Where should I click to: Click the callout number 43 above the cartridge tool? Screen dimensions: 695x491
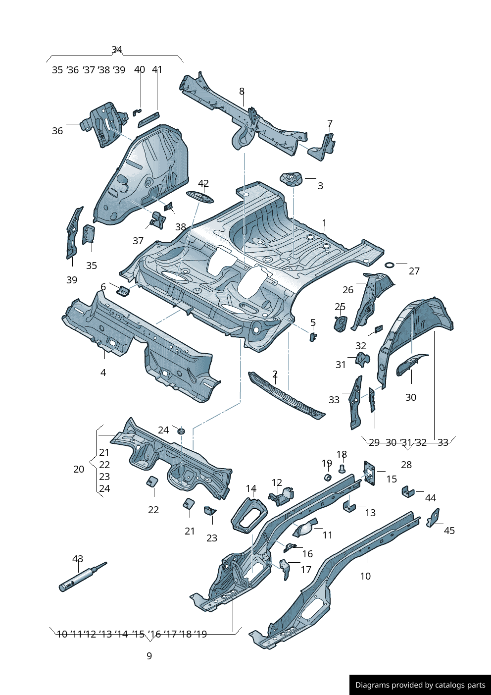(78, 559)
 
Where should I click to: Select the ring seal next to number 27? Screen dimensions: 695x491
(390, 265)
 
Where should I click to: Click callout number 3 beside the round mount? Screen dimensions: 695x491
(320, 186)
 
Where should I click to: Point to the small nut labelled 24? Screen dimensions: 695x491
(181, 430)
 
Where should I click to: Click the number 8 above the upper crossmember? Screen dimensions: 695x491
(242, 91)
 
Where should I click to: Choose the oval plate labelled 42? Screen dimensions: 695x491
(200, 197)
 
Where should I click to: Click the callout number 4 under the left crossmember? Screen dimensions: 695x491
(103, 373)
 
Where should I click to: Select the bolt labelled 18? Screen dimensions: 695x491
(342, 468)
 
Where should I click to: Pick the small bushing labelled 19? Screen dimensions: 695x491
(327, 477)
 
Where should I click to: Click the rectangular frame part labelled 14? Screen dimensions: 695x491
(248, 515)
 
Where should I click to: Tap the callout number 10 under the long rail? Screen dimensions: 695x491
(365, 576)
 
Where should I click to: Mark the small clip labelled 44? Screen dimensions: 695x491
(408, 492)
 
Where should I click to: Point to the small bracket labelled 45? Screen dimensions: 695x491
(434, 518)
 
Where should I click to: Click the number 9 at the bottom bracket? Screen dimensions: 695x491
(149, 656)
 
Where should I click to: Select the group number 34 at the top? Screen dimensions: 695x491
(117, 50)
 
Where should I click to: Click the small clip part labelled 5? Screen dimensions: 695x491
(312, 337)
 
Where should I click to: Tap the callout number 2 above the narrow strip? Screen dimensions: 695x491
(275, 374)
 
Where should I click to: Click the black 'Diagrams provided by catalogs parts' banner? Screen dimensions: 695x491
(420, 685)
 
